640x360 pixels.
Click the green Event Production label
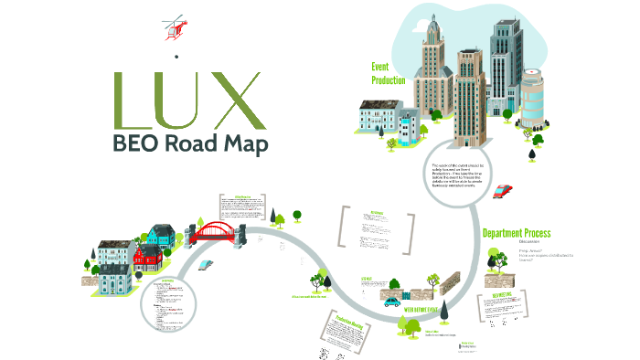(388, 73)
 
